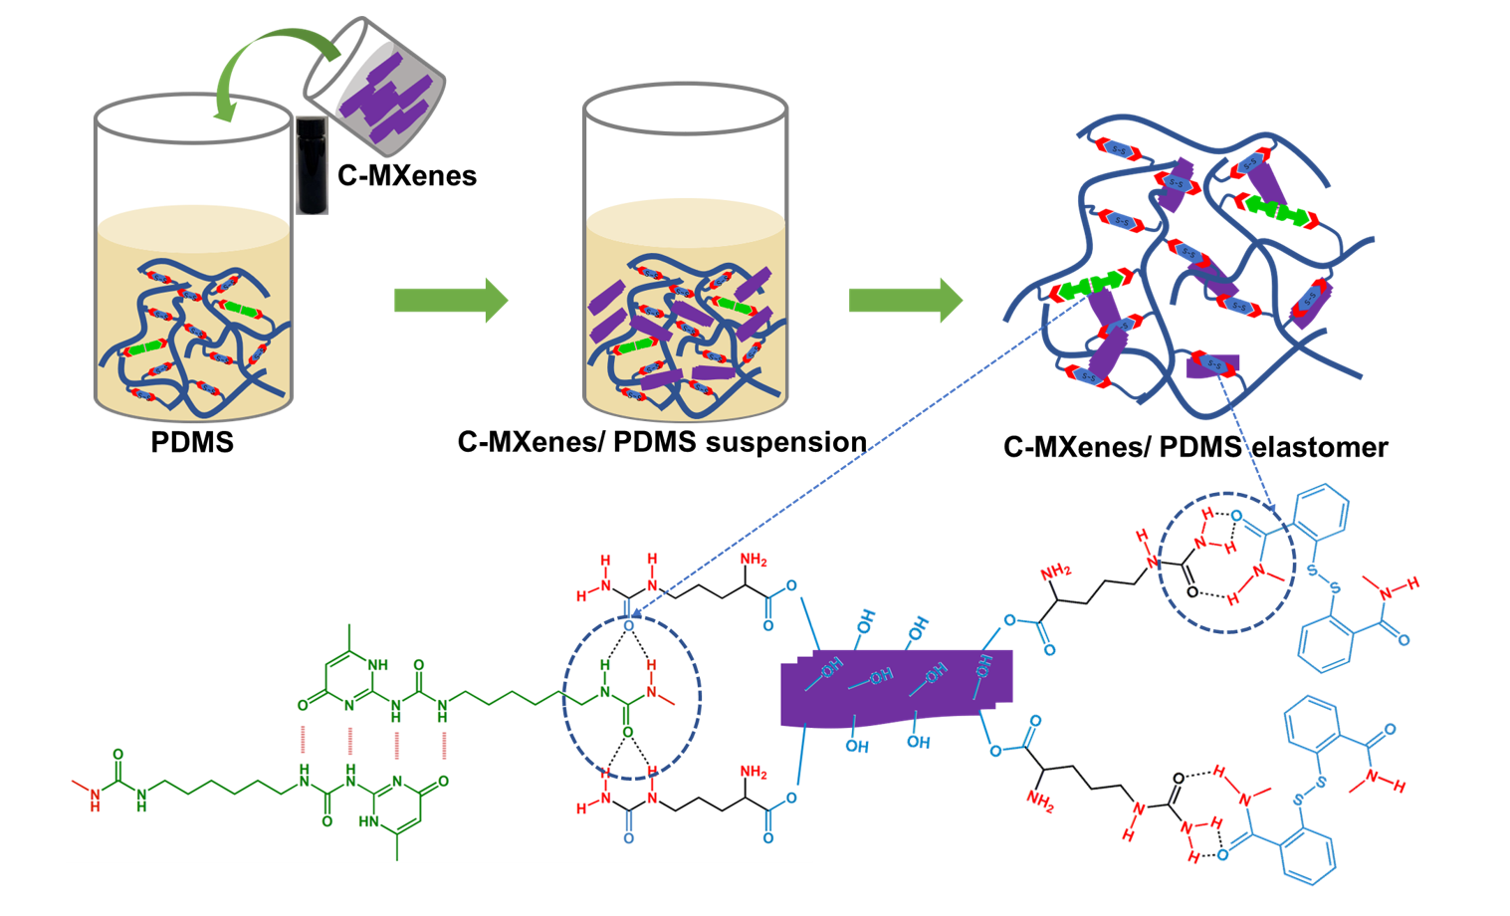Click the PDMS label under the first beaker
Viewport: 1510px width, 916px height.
pos(192,442)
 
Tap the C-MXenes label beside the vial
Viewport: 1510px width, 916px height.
pos(407,176)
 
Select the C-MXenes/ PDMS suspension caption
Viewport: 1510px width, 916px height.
pos(662,442)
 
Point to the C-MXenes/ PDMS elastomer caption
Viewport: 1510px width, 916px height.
pos(1195,447)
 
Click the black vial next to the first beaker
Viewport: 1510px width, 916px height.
pos(312,164)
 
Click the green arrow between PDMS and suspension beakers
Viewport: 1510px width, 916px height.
pos(451,300)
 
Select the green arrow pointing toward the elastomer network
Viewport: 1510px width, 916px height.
pos(905,300)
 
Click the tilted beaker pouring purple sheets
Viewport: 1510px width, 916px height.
pos(375,85)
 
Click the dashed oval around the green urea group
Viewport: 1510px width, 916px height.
pos(632,697)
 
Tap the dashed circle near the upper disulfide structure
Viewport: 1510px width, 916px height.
pos(1226,563)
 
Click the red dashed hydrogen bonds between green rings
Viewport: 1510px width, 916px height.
pos(373,742)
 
